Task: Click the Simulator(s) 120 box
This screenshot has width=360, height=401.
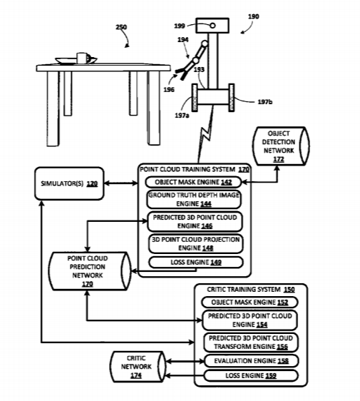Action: pos(69,183)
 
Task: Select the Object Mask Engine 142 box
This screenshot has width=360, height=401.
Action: pos(193,182)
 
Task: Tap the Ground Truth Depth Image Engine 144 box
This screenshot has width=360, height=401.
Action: pos(194,200)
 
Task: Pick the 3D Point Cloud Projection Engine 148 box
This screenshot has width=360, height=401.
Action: pos(196,244)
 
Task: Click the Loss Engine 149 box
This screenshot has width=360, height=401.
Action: pos(196,263)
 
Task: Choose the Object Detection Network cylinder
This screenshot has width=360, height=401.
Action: pos(281,146)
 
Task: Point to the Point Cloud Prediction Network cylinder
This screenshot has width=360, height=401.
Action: pos(90,271)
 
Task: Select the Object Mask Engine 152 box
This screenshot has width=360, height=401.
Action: pos(250,303)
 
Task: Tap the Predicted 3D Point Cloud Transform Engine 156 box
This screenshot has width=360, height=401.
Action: pos(251,342)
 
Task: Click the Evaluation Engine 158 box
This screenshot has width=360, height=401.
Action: pos(251,361)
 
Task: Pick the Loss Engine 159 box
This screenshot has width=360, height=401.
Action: pos(251,376)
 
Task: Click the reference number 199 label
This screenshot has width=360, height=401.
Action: pos(180,26)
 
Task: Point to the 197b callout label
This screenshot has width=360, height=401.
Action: pos(265,102)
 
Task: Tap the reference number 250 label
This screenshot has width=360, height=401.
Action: pos(121,27)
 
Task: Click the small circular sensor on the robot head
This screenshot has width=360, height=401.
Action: pos(212,26)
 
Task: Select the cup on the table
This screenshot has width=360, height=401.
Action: pos(82,58)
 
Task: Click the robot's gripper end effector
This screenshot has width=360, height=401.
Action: pos(182,71)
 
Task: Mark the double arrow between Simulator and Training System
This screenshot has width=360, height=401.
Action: pos(121,183)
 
